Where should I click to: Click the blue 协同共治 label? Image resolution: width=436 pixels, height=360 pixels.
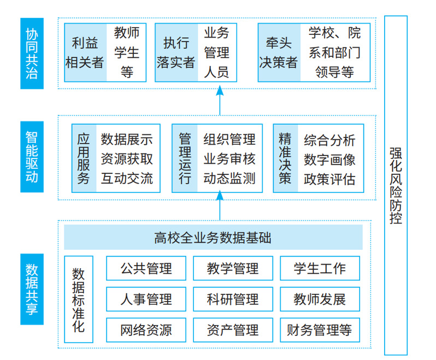pos(32,54)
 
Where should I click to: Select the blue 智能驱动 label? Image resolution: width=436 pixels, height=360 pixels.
pos(32,157)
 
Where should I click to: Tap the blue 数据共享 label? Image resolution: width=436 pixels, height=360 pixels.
pos(32,289)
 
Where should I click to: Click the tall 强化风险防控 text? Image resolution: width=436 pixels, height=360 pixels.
pos(396,186)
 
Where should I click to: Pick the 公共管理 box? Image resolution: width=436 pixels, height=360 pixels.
pos(146,268)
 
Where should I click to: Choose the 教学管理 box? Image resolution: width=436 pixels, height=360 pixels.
pos(233,268)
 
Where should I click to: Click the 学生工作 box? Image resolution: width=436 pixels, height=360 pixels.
pos(320,268)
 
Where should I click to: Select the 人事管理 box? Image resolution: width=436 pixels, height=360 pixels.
pos(146,299)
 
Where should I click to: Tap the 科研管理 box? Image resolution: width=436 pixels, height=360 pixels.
pos(233,299)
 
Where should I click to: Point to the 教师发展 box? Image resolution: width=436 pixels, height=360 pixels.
pos(320,299)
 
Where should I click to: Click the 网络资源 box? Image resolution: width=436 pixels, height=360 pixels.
pos(146,330)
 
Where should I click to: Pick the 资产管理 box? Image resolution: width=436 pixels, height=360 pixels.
pos(233,330)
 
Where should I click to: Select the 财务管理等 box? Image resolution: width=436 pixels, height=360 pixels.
pos(320,330)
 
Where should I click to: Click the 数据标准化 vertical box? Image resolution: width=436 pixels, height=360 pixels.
pos(79,299)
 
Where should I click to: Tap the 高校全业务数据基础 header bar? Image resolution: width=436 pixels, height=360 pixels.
pos(213,237)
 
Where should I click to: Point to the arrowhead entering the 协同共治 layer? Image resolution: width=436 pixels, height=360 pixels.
pos(220,90)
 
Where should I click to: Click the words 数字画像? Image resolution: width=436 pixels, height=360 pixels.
pos(329,160)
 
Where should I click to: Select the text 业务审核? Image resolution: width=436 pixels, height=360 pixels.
pos(229,159)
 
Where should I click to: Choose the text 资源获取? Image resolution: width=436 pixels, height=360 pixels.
pos(127,159)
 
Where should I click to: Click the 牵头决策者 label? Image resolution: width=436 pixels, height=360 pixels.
pos(278,52)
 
